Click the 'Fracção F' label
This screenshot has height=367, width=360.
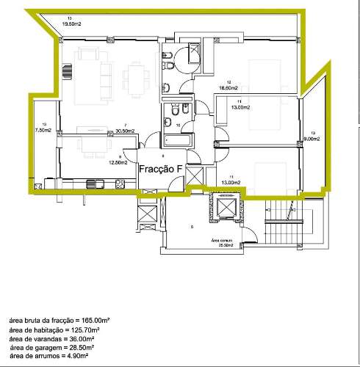pyautogui.click(x=161, y=168)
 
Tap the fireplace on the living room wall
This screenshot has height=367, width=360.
pyautogui.click(x=68, y=71)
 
